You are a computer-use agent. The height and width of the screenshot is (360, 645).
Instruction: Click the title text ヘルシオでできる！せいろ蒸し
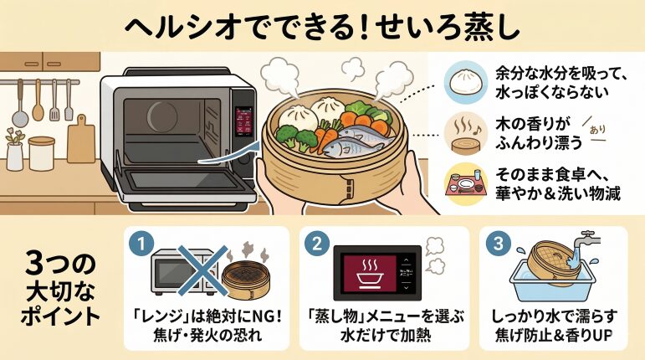[x=322, y=24]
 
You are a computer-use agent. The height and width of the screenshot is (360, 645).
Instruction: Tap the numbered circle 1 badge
[x=142, y=244]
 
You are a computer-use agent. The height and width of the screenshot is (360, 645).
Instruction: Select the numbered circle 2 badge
[x=317, y=244]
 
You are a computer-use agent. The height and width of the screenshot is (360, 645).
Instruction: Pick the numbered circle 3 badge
[x=496, y=244]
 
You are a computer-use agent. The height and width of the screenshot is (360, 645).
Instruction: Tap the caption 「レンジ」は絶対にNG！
[x=206, y=318]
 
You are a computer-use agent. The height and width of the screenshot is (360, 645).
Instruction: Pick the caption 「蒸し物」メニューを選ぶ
[x=381, y=318]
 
